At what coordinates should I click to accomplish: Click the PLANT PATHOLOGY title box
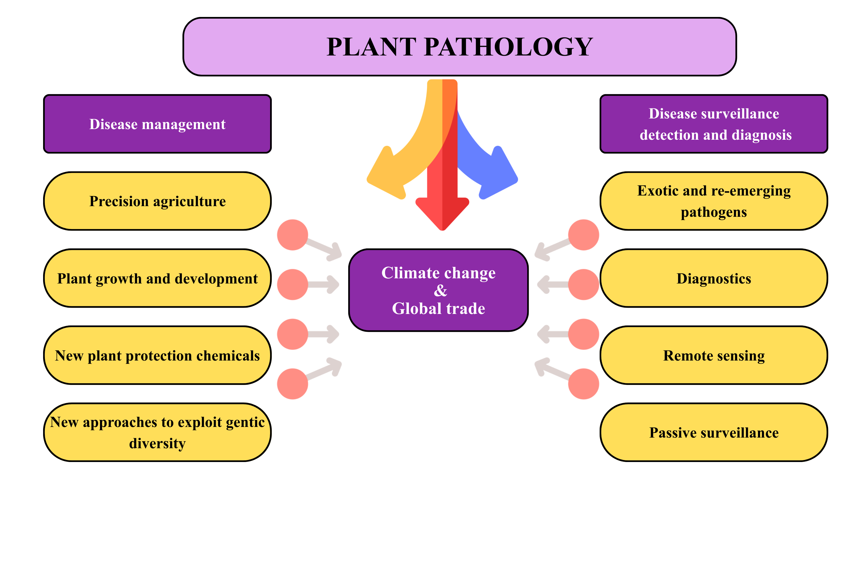[x=459, y=47]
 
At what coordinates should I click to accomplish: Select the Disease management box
[x=157, y=124]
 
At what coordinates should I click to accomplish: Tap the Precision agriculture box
[x=157, y=201]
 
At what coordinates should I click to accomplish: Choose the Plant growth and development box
[x=157, y=278]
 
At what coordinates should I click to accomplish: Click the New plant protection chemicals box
[x=157, y=355]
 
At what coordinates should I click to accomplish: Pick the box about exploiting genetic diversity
[x=157, y=432]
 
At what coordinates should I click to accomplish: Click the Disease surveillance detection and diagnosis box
[x=713, y=124]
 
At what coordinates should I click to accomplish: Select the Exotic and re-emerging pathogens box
[x=713, y=201]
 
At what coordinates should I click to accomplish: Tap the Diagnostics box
[x=713, y=278]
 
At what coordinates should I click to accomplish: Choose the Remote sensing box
[x=713, y=355]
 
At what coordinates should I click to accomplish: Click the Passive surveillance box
[x=713, y=432]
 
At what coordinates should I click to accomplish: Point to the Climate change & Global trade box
[x=438, y=290]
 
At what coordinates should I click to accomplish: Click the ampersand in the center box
[x=440, y=290]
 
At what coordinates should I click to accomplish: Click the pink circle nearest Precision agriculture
[x=293, y=235]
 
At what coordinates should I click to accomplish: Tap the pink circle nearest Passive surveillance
[x=584, y=384]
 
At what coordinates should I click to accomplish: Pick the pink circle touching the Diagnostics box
[x=584, y=285]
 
